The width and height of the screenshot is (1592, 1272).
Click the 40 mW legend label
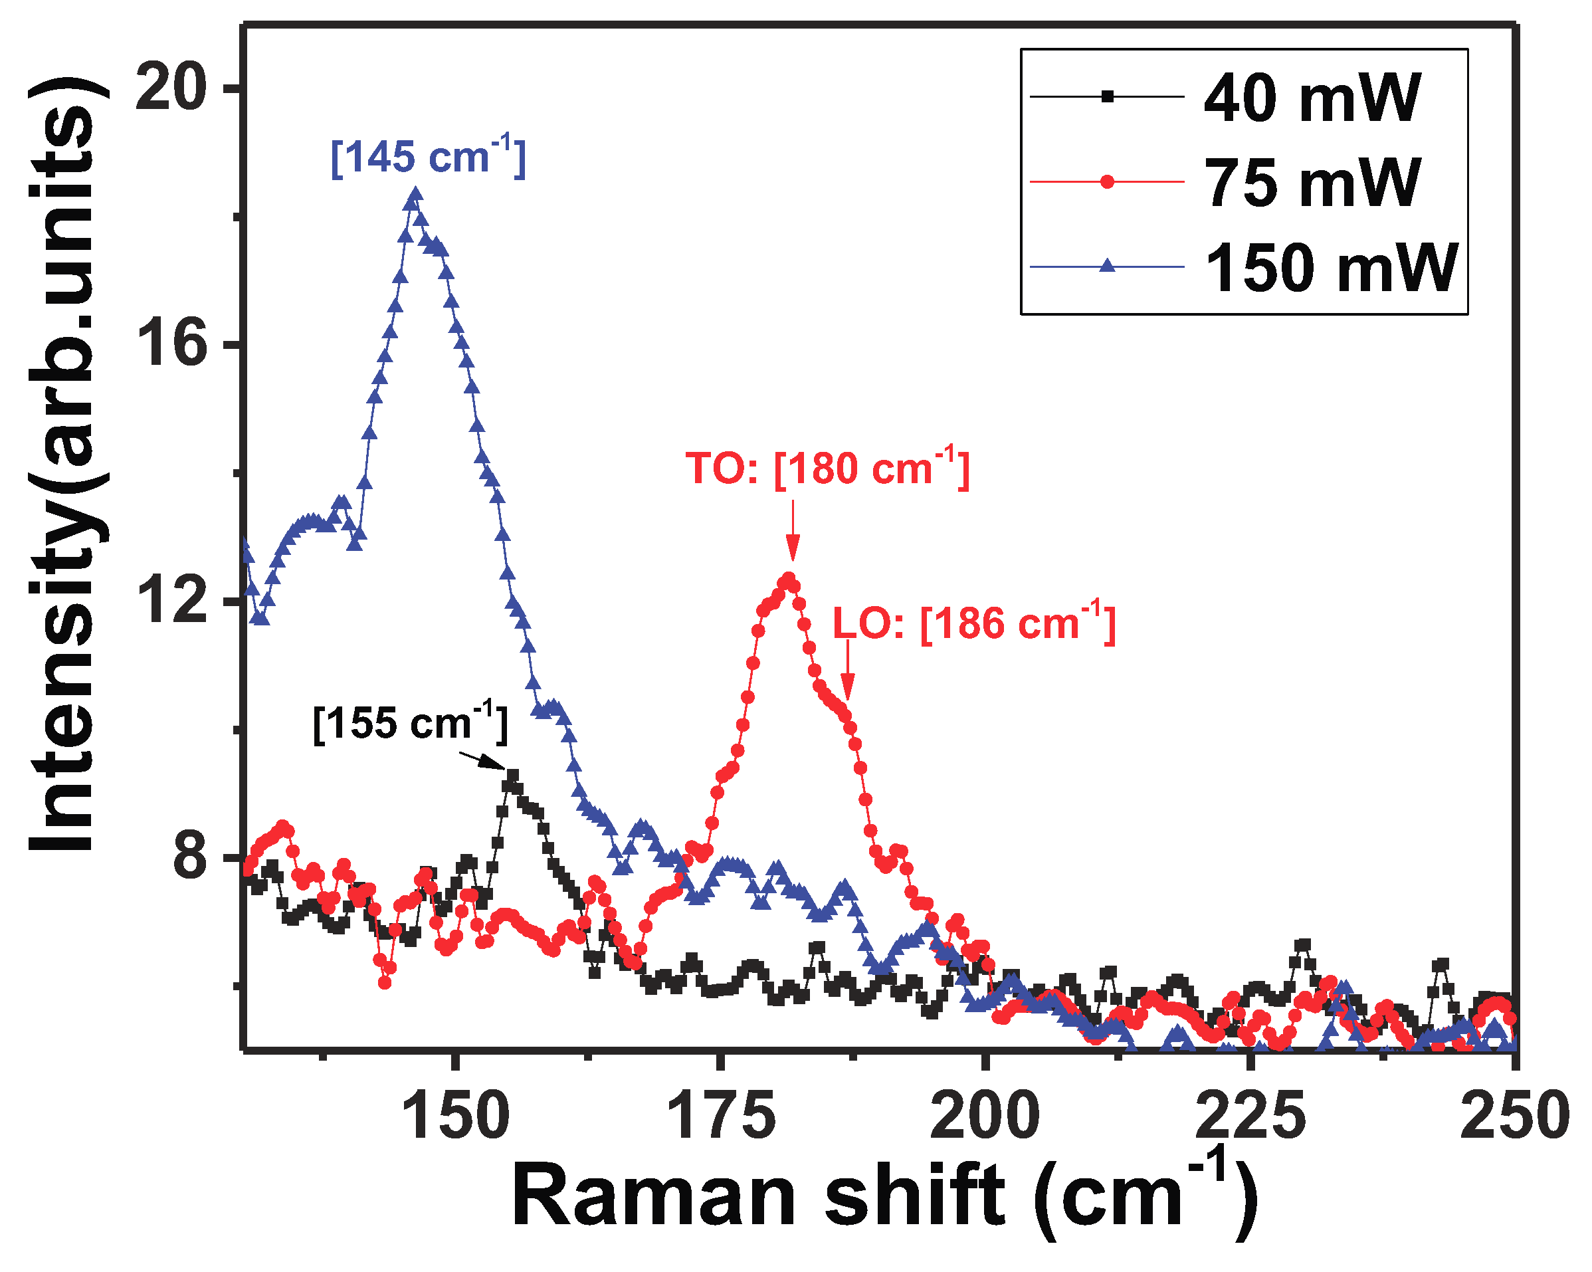click(1311, 98)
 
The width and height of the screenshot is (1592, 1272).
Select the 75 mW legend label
click(1311, 183)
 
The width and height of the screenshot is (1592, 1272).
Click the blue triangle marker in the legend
click(1107, 265)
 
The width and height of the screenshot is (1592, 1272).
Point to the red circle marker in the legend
click(1107, 181)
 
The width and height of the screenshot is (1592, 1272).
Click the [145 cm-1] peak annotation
click(429, 157)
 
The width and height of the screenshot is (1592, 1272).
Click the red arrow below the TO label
click(792, 531)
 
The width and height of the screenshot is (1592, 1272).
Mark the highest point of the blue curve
click(416, 195)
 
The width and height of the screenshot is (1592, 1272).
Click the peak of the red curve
click(789, 579)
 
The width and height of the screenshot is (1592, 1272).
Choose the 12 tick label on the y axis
click(171, 601)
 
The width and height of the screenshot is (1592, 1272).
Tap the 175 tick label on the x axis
click(721, 1118)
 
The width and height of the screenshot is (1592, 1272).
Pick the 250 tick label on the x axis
click(1514, 1118)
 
